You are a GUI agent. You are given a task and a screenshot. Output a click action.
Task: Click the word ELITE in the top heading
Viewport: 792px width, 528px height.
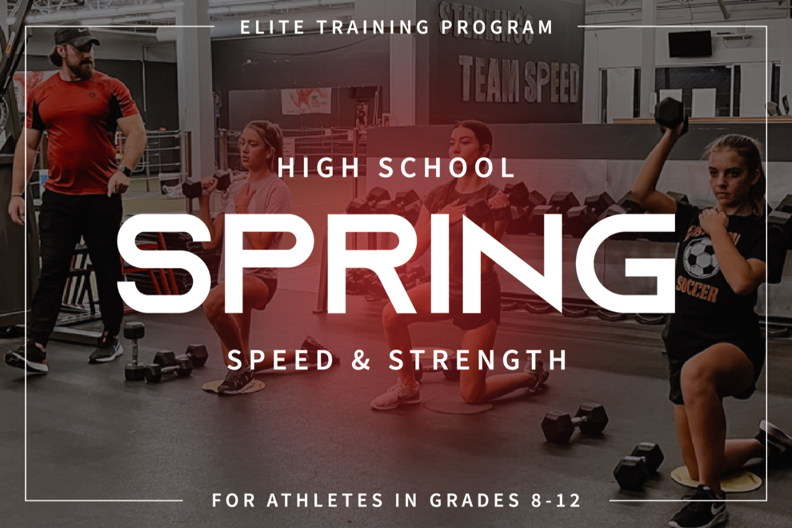point(273,27)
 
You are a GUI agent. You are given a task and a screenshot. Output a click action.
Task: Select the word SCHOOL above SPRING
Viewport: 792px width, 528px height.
point(446,168)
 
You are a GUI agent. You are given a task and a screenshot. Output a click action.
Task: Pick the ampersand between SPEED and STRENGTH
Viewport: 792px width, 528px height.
point(361,360)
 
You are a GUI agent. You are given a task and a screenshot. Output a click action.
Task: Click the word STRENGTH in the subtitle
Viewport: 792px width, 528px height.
point(478,360)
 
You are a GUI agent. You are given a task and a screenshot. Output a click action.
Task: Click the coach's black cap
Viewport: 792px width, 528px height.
point(75,37)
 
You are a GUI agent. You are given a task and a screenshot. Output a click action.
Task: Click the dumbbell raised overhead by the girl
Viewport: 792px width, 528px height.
point(670,113)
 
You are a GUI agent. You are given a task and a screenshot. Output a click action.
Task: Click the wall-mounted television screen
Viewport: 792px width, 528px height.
point(690,44)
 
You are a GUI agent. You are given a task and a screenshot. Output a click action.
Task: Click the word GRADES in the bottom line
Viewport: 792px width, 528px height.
point(475,500)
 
